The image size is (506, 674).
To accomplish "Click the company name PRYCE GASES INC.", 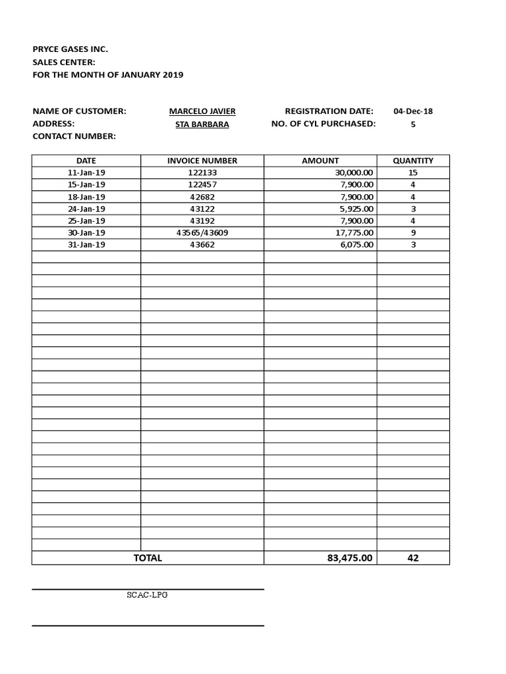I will click(70, 49).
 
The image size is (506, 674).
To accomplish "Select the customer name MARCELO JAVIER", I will click(202, 111).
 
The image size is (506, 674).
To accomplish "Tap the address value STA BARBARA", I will click(202, 124).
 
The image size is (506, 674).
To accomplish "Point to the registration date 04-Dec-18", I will click(413, 111).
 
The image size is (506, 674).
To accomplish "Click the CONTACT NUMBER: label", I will click(74, 136).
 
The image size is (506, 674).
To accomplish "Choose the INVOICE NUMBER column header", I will click(202, 161).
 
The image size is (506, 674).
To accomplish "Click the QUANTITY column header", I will click(413, 161).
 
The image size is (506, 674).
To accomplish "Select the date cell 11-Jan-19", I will click(86, 172).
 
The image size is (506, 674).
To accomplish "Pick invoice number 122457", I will click(202, 184).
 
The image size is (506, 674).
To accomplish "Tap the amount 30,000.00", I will click(354, 172).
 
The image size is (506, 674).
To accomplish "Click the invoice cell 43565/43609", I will click(202, 232).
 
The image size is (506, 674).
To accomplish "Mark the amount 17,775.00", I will click(354, 232).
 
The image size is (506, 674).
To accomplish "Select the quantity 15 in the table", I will click(413, 172).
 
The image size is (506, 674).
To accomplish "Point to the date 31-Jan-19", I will click(86, 244).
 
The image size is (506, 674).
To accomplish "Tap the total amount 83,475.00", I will click(350, 558).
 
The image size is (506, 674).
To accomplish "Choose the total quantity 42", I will click(413, 558).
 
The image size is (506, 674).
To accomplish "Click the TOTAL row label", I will click(148, 558).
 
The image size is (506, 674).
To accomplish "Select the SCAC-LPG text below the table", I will click(148, 595).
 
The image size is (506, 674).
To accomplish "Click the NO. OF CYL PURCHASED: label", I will click(323, 124).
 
